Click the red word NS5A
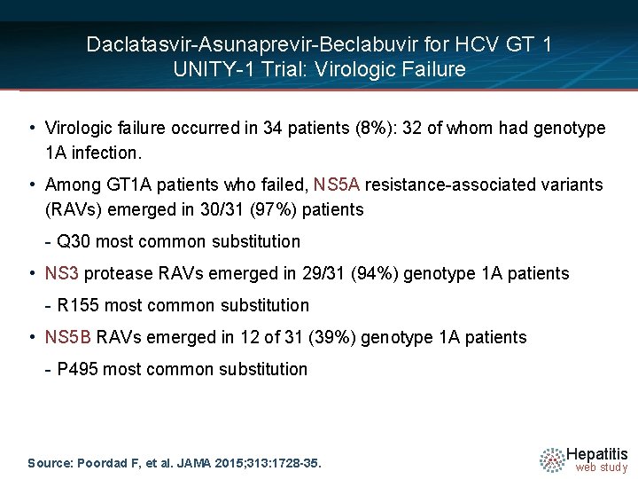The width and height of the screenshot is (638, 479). (x=336, y=185)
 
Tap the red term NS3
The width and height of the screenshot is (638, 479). (x=61, y=273)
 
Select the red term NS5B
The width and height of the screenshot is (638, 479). (x=68, y=337)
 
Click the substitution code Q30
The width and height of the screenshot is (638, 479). (x=72, y=241)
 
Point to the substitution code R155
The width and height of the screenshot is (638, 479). (x=78, y=305)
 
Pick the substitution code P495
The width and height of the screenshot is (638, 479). (x=78, y=369)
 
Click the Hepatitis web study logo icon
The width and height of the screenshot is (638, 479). (x=553, y=459)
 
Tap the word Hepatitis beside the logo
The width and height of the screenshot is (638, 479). (x=597, y=453)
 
